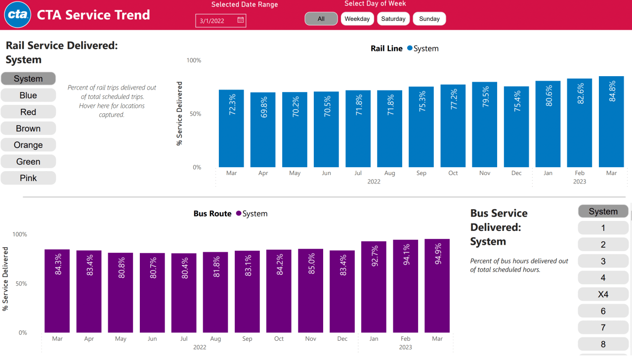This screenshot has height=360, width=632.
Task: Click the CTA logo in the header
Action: [x=18, y=15]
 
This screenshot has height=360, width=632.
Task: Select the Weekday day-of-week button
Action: [x=357, y=19]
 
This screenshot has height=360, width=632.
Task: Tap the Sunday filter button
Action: [x=429, y=19]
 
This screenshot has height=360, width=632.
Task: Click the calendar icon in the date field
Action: [x=241, y=20]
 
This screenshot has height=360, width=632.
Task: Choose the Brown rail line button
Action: [x=28, y=129]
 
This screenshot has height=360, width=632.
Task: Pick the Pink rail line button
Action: [x=28, y=178]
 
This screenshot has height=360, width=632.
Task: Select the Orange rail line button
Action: [x=28, y=145]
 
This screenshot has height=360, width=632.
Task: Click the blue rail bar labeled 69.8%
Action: [x=263, y=130]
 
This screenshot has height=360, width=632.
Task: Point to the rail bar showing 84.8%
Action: [x=611, y=122]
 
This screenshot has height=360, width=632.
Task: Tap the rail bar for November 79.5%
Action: [x=484, y=125]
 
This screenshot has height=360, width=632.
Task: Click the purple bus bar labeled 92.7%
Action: [x=374, y=287]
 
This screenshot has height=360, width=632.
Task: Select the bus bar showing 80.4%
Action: [x=184, y=293]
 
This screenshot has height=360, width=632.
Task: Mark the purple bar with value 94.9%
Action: [x=437, y=286]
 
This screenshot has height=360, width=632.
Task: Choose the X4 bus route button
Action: [x=603, y=294]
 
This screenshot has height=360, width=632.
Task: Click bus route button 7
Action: [x=603, y=327]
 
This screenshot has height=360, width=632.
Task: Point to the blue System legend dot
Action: [x=410, y=48]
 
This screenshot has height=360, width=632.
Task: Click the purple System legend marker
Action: [x=239, y=214]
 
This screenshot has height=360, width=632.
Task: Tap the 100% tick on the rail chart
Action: [x=194, y=60]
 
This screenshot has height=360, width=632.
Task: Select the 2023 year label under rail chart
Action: [x=579, y=181]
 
